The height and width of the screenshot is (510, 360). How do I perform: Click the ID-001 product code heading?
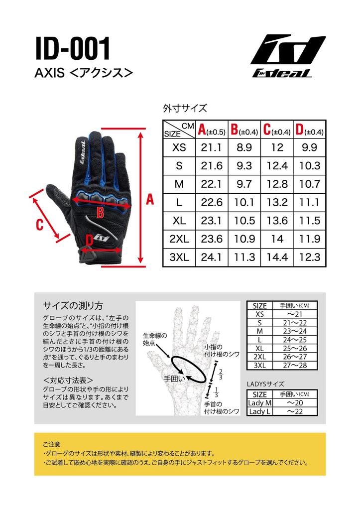coord(73,49)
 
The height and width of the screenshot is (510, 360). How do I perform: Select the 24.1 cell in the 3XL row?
coord(211,257)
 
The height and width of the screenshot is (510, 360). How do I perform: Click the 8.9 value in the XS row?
coord(244,147)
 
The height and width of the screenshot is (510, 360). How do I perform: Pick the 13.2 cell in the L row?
coord(277,203)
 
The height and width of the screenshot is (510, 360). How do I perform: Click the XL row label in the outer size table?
coord(179,221)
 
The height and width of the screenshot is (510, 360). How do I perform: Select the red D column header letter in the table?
coord(299,130)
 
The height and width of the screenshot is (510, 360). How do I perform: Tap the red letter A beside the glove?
coord(150,200)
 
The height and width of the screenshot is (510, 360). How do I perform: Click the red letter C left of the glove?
coord(39,225)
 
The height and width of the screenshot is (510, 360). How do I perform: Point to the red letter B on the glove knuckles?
coord(100,213)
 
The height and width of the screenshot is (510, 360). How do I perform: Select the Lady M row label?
coord(260,403)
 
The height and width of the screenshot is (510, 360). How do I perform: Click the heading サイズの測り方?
coord(73,306)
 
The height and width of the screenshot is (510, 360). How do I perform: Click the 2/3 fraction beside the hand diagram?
coord(220,374)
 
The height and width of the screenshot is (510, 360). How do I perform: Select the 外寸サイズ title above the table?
coord(185,109)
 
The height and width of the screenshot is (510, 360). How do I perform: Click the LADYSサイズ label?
coord(265,384)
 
